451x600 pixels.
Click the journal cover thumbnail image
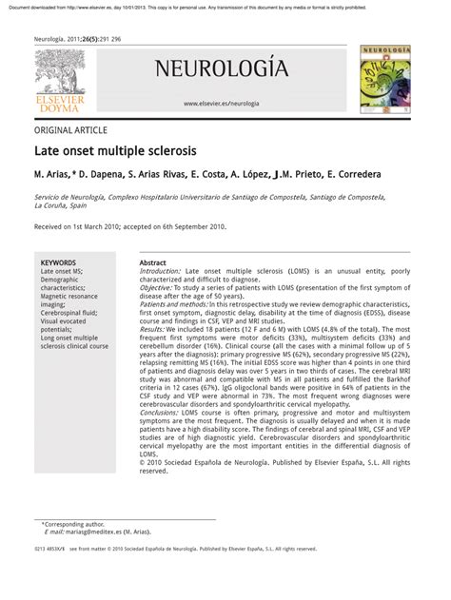386,81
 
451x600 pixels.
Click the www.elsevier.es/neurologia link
221,103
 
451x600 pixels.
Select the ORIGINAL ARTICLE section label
70,130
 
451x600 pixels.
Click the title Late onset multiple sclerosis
116,151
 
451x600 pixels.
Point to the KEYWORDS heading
59,261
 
